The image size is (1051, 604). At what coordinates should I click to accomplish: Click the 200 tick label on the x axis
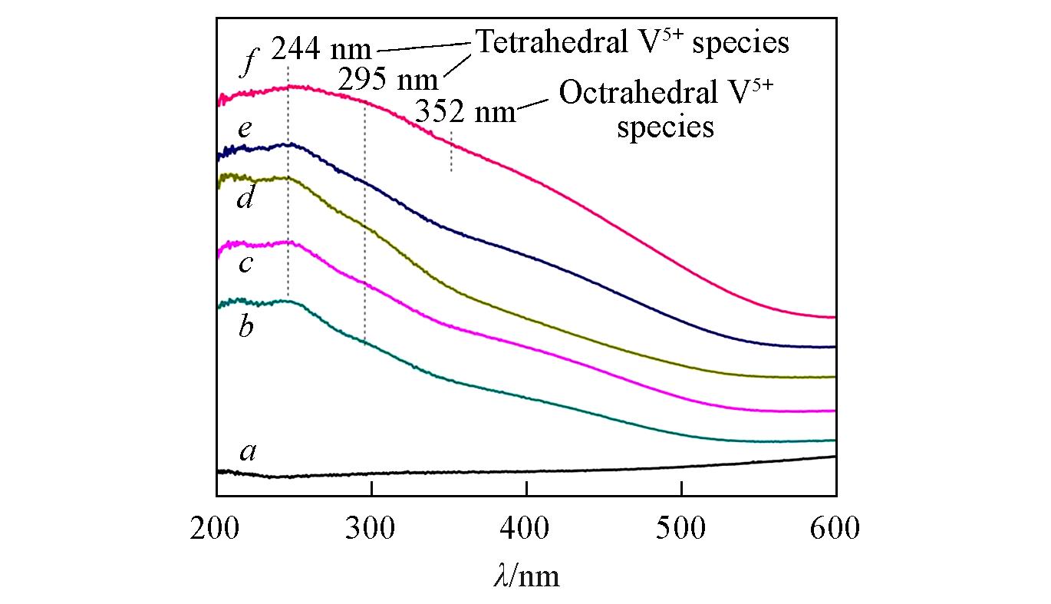coord(216,530)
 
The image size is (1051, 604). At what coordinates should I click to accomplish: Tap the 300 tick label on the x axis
coord(371,530)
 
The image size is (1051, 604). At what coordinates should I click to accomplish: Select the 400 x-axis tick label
coord(526,530)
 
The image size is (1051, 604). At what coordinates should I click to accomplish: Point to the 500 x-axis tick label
coord(681,530)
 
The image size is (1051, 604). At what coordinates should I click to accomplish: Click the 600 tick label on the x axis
coord(835,530)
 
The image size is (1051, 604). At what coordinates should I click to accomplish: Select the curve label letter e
coord(245,129)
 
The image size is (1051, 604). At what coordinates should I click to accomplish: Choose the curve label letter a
coord(247,453)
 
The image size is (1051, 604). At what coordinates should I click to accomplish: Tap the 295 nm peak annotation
coord(388,80)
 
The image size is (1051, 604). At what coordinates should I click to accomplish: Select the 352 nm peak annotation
coord(465,113)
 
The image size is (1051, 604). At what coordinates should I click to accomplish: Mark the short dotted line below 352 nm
coord(451,152)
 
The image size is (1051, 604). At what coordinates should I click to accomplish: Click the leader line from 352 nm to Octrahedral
coord(535,105)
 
